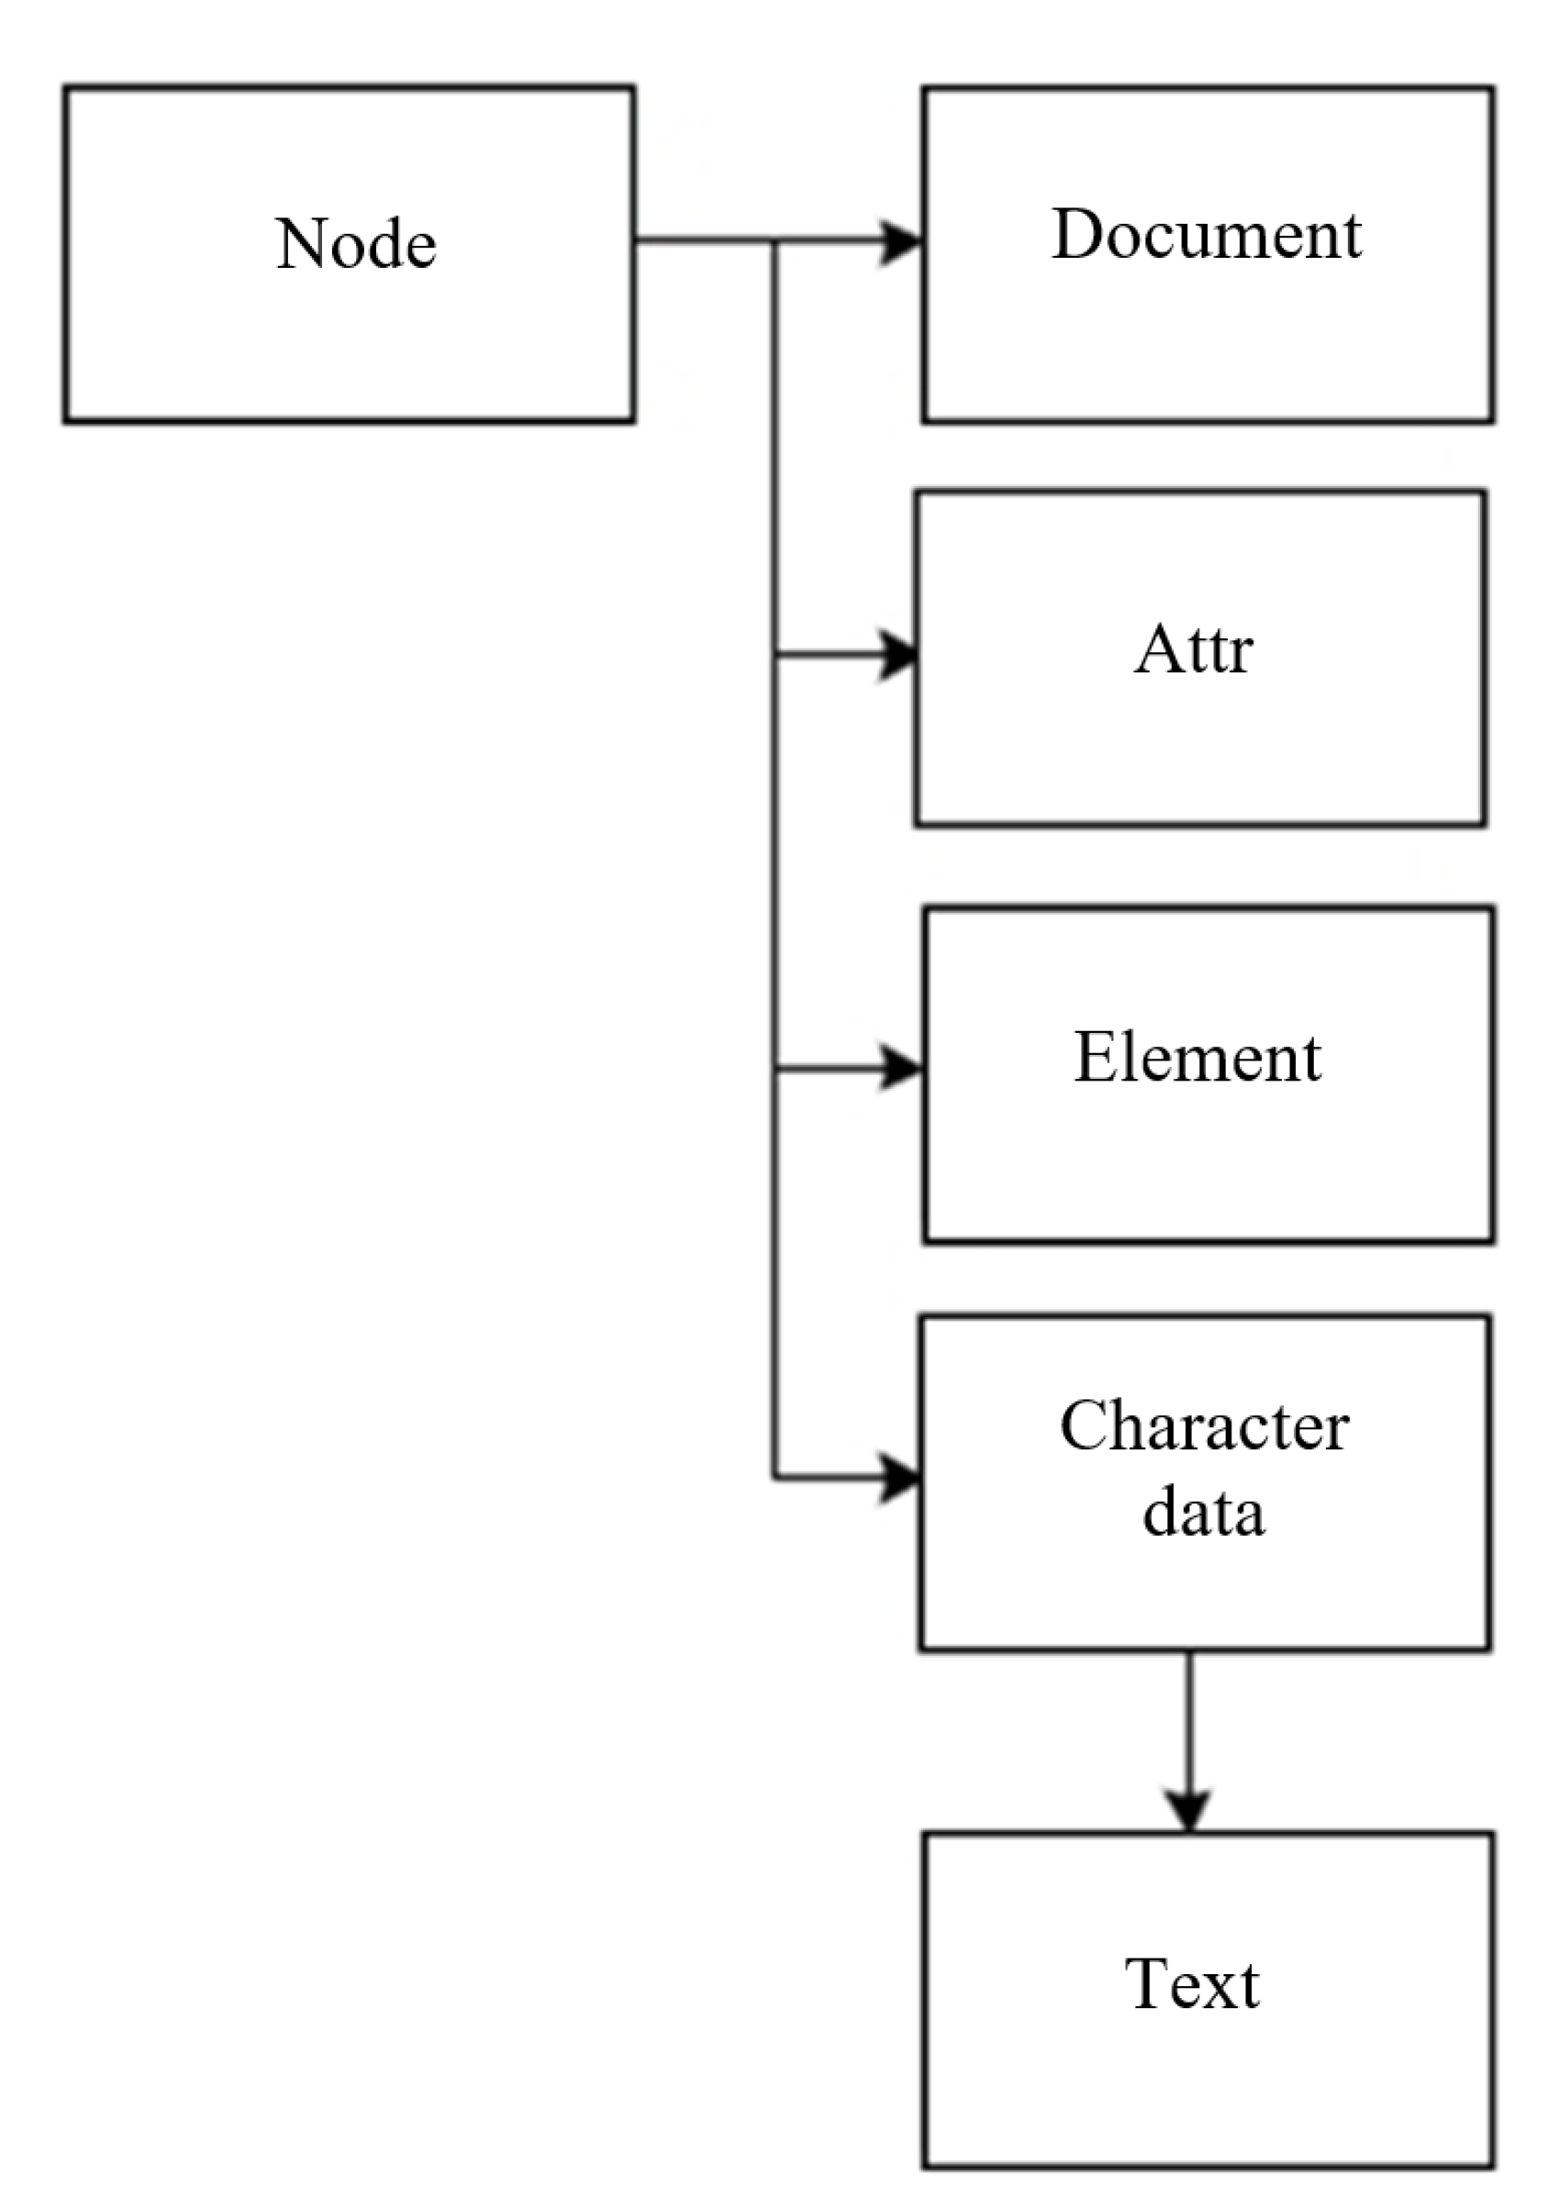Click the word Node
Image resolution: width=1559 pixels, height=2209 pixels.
[x=355, y=243]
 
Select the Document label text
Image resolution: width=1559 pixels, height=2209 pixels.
[x=1207, y=234]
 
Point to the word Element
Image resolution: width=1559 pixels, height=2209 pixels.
[x=1197, y=1058]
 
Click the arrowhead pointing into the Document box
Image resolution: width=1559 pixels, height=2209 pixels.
[x=902, y=241]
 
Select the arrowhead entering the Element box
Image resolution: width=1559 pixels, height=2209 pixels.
[x=902, y=1069]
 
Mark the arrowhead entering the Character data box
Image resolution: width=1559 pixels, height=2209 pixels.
[x=901, y=1479]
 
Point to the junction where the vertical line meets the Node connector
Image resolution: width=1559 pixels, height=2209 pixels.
[x=774, y=241]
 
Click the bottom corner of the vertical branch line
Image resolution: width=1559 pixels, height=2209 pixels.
[x=774, y=1478]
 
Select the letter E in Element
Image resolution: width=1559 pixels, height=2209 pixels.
[x=1092, y=1058]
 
